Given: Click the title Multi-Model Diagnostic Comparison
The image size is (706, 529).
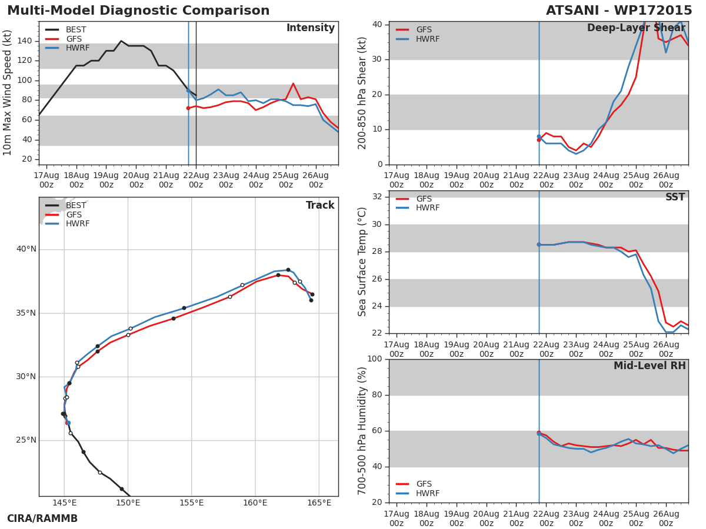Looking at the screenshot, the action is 138,11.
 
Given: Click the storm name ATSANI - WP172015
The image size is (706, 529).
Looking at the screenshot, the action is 618,11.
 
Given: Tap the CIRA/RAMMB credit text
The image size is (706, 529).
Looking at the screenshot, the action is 42,518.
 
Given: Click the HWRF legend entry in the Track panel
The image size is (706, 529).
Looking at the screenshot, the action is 67,223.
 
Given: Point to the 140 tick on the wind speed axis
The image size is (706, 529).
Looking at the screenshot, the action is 25,41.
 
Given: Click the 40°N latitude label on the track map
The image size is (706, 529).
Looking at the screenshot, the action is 26,249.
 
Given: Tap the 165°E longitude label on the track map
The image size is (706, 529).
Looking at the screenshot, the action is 319,503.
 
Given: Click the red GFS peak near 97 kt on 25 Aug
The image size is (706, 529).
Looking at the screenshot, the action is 293,83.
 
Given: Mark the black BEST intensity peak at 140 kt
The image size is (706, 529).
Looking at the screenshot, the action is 121,41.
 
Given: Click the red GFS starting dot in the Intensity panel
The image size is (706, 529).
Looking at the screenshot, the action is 188,108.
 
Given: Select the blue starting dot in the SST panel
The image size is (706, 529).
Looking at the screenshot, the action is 539,245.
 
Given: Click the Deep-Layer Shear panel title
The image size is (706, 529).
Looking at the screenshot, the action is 636,28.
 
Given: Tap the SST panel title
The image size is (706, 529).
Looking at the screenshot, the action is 675,197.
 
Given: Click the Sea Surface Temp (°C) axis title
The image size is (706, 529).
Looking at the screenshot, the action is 362,262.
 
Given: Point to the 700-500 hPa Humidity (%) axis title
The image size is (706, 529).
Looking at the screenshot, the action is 362,431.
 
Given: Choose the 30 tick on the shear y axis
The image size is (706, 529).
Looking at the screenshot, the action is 377,59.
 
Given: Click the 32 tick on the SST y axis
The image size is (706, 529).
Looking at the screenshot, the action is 377,196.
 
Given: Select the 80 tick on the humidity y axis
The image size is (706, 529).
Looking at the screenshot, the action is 377,395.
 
